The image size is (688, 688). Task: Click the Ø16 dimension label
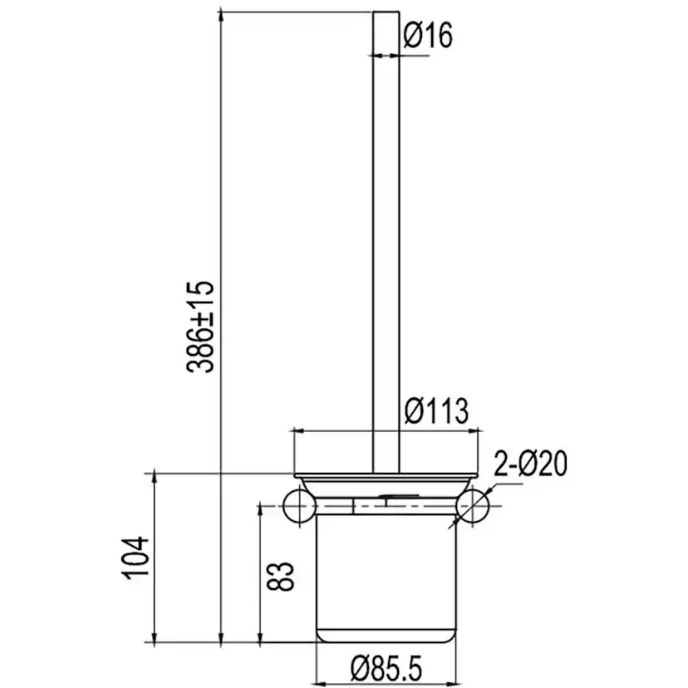click(428, 36)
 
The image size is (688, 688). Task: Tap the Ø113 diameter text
click(435, 411)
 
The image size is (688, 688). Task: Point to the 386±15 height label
click(200, 326)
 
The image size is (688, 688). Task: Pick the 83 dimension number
click(282, 576)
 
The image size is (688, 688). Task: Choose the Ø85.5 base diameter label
click(386, 667)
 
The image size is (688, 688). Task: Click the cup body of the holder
click(386, 582)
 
